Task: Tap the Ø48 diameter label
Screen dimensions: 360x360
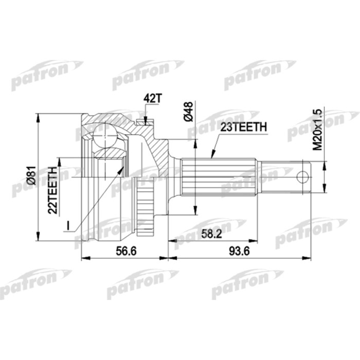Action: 189,112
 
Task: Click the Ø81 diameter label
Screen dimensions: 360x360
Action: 30,175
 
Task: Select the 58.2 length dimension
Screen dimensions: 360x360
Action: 211,233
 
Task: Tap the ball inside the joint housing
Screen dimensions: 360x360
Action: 106,136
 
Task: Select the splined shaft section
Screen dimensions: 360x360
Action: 219,176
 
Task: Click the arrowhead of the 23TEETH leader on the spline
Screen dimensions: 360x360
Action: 211,156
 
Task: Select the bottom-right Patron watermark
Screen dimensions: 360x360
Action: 311,231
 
